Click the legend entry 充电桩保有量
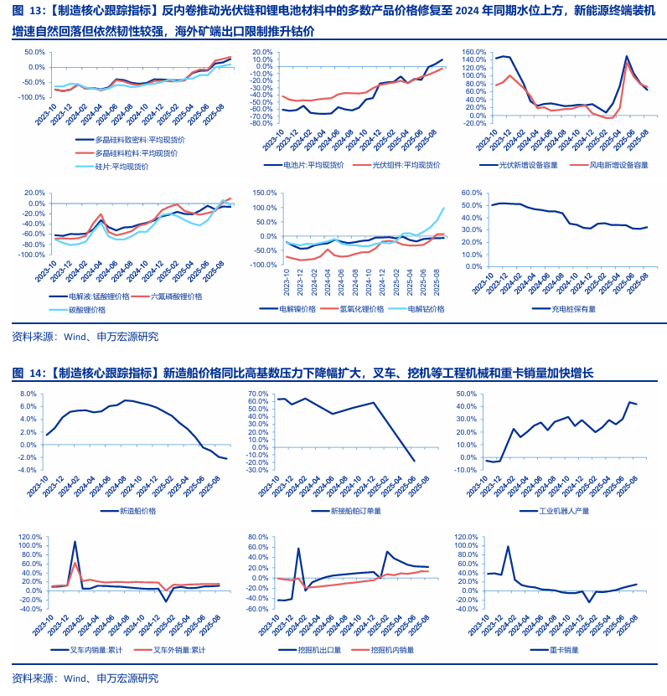click(x=574, y=308)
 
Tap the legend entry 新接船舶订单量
click(x=353, y=510)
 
